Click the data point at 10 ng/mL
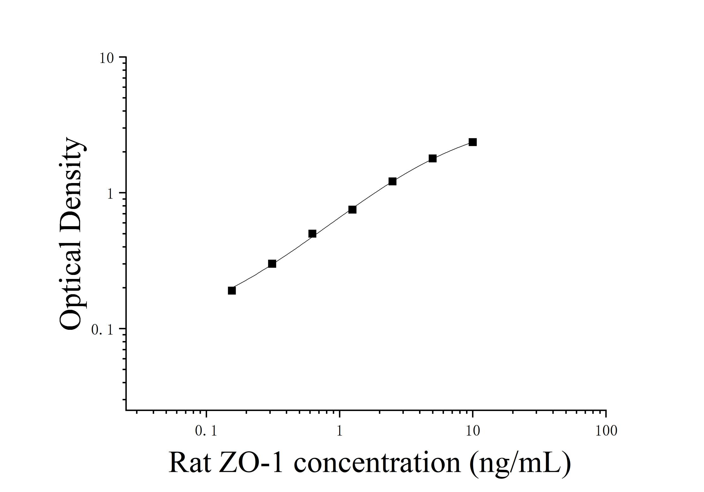pyautogui.click(x=472, y=142)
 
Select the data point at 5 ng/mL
pyautogui.click(x=432, y=158)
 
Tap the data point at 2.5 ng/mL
pyautogui.click(x=392, y=181)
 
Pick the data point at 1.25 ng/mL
pyautogui.click(x=352, y=210)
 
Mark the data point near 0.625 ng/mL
pyautogui.click(x=312, y=234)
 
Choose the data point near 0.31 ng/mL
pyautogui.click(x=272, y=264)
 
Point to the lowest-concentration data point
pyautogui.click(x=232, y=290)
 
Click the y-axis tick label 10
pyautogui.click(x=106, y=58)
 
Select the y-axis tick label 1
pyautogui.click(x=110, y=194)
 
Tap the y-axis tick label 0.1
pyautogui.click(x=102, y=330)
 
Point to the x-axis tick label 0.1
pyautogui.click(x=206, y=431)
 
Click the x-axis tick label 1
pyautogui.click(x=340, y=431)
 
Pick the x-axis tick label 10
pyautogui.click(x=473, y=431)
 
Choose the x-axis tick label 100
pyautogui.click(x=606, y=431)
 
